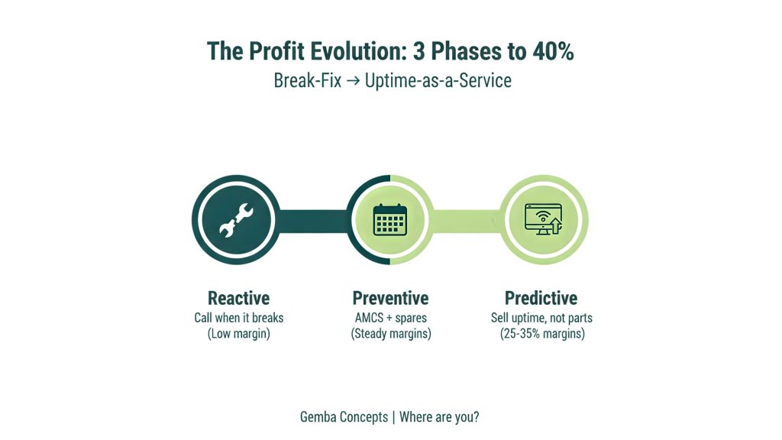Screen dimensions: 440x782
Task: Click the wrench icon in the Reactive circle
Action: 236,220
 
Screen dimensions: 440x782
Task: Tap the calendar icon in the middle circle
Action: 390,220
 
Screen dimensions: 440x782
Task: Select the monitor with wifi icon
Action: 543,219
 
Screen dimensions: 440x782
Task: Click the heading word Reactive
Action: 238,298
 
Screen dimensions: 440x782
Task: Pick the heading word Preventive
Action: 390,298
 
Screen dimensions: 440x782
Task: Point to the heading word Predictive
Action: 541,298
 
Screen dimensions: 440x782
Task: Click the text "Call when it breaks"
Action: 238,317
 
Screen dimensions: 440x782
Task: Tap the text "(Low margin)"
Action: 238,334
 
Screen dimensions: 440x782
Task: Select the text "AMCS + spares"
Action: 390,317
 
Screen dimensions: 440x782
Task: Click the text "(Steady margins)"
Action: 390,334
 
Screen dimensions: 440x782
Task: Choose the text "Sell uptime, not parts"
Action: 541,317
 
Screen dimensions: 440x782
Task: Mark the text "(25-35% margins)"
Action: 541,334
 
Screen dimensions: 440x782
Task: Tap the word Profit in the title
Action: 272,51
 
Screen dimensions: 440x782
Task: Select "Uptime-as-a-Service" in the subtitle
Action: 438,80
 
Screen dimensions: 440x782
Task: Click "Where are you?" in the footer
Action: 439,417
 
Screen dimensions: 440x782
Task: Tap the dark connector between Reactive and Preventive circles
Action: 313,220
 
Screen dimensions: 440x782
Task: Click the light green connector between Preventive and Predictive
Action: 467,220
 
